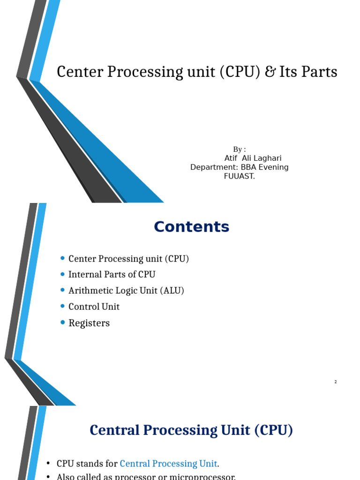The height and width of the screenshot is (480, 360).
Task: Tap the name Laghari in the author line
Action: (x=267, y=158)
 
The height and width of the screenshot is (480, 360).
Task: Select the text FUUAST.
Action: (x=240, y=176)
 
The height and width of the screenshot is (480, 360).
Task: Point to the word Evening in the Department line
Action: (x=273, y=167)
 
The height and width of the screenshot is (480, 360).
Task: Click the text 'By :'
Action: (x=240, y=150)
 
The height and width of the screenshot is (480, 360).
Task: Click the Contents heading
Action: (x=192, y=227)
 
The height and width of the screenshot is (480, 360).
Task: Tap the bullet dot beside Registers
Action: (x=63, y=322)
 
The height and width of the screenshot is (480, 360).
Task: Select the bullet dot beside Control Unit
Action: (x=63, y=306)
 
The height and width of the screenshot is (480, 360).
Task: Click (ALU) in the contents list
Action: (x=172, y=291)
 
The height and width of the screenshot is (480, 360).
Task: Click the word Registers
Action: (x=89, y=323)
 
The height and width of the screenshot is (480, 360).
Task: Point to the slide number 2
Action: (x=336, y=382)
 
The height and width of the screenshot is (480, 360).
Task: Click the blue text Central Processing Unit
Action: (x=168, y=464)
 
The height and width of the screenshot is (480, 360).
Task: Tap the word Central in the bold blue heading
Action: (x=112, y=430)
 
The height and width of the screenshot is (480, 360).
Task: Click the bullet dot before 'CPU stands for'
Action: (x=48, y=464)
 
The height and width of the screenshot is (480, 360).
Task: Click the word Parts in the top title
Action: (x=321, y=72)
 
